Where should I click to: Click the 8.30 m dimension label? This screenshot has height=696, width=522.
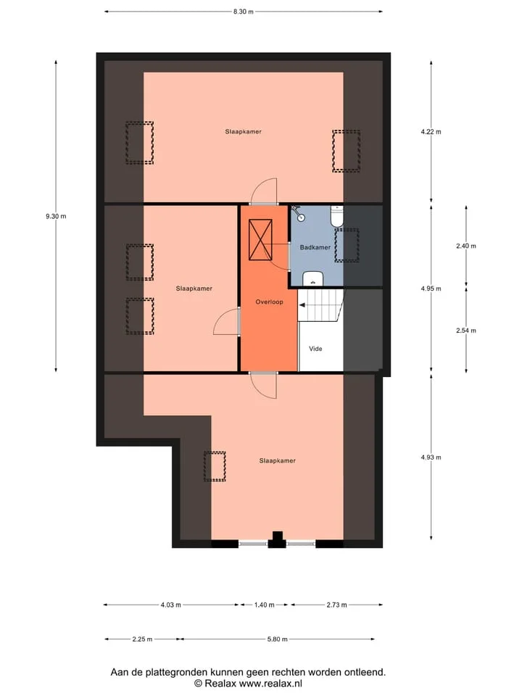coord(244,12)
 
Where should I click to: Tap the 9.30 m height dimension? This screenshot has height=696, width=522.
coord(56,217)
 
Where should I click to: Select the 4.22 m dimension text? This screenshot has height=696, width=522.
coord(431,132)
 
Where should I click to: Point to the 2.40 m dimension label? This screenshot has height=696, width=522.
coord(466,246)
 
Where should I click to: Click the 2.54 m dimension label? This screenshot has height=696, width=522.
coord(466,331)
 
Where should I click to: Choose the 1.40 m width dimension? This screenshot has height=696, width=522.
coord(264,605)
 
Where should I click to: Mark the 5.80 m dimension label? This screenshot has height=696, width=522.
coord(278,639)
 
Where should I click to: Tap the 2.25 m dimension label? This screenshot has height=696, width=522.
coord(142,639)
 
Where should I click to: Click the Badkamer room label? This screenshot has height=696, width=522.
coord(315,247)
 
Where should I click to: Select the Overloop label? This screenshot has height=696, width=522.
coord(269,302)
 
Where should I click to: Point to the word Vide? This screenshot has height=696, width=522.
coord(315,349)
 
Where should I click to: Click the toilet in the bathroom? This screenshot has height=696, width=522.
coord(337,216)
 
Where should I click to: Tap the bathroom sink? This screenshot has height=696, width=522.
coord(314,278)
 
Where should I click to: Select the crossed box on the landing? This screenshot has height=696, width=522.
coord(260,240)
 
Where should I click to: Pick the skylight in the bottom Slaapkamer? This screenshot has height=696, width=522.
coord(215,466)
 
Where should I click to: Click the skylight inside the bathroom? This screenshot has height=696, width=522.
coord(347,246)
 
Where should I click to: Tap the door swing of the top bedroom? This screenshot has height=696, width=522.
coord(264,190)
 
